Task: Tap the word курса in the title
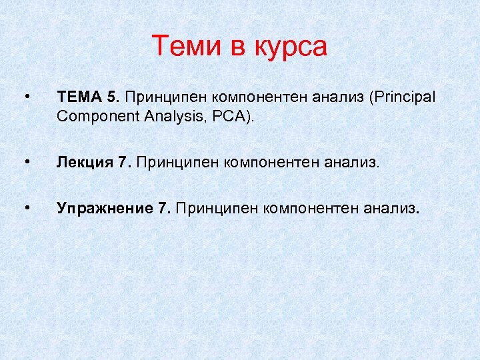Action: [x=291, y=47]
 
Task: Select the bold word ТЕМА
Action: [x=79, y=97]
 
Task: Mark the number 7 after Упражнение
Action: [x=164, y=209]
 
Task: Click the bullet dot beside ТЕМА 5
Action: [x=25, y=97]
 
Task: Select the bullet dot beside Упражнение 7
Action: [x=25, y=209]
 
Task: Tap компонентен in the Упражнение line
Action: [x=309, y=209]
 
